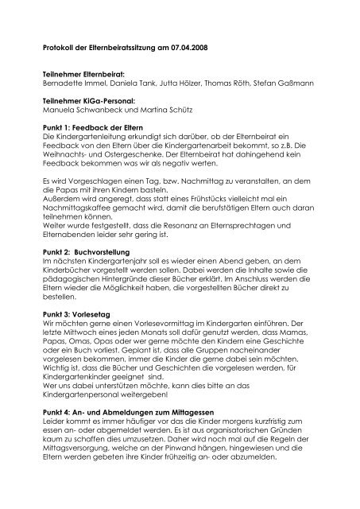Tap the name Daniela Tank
(133, 82)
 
